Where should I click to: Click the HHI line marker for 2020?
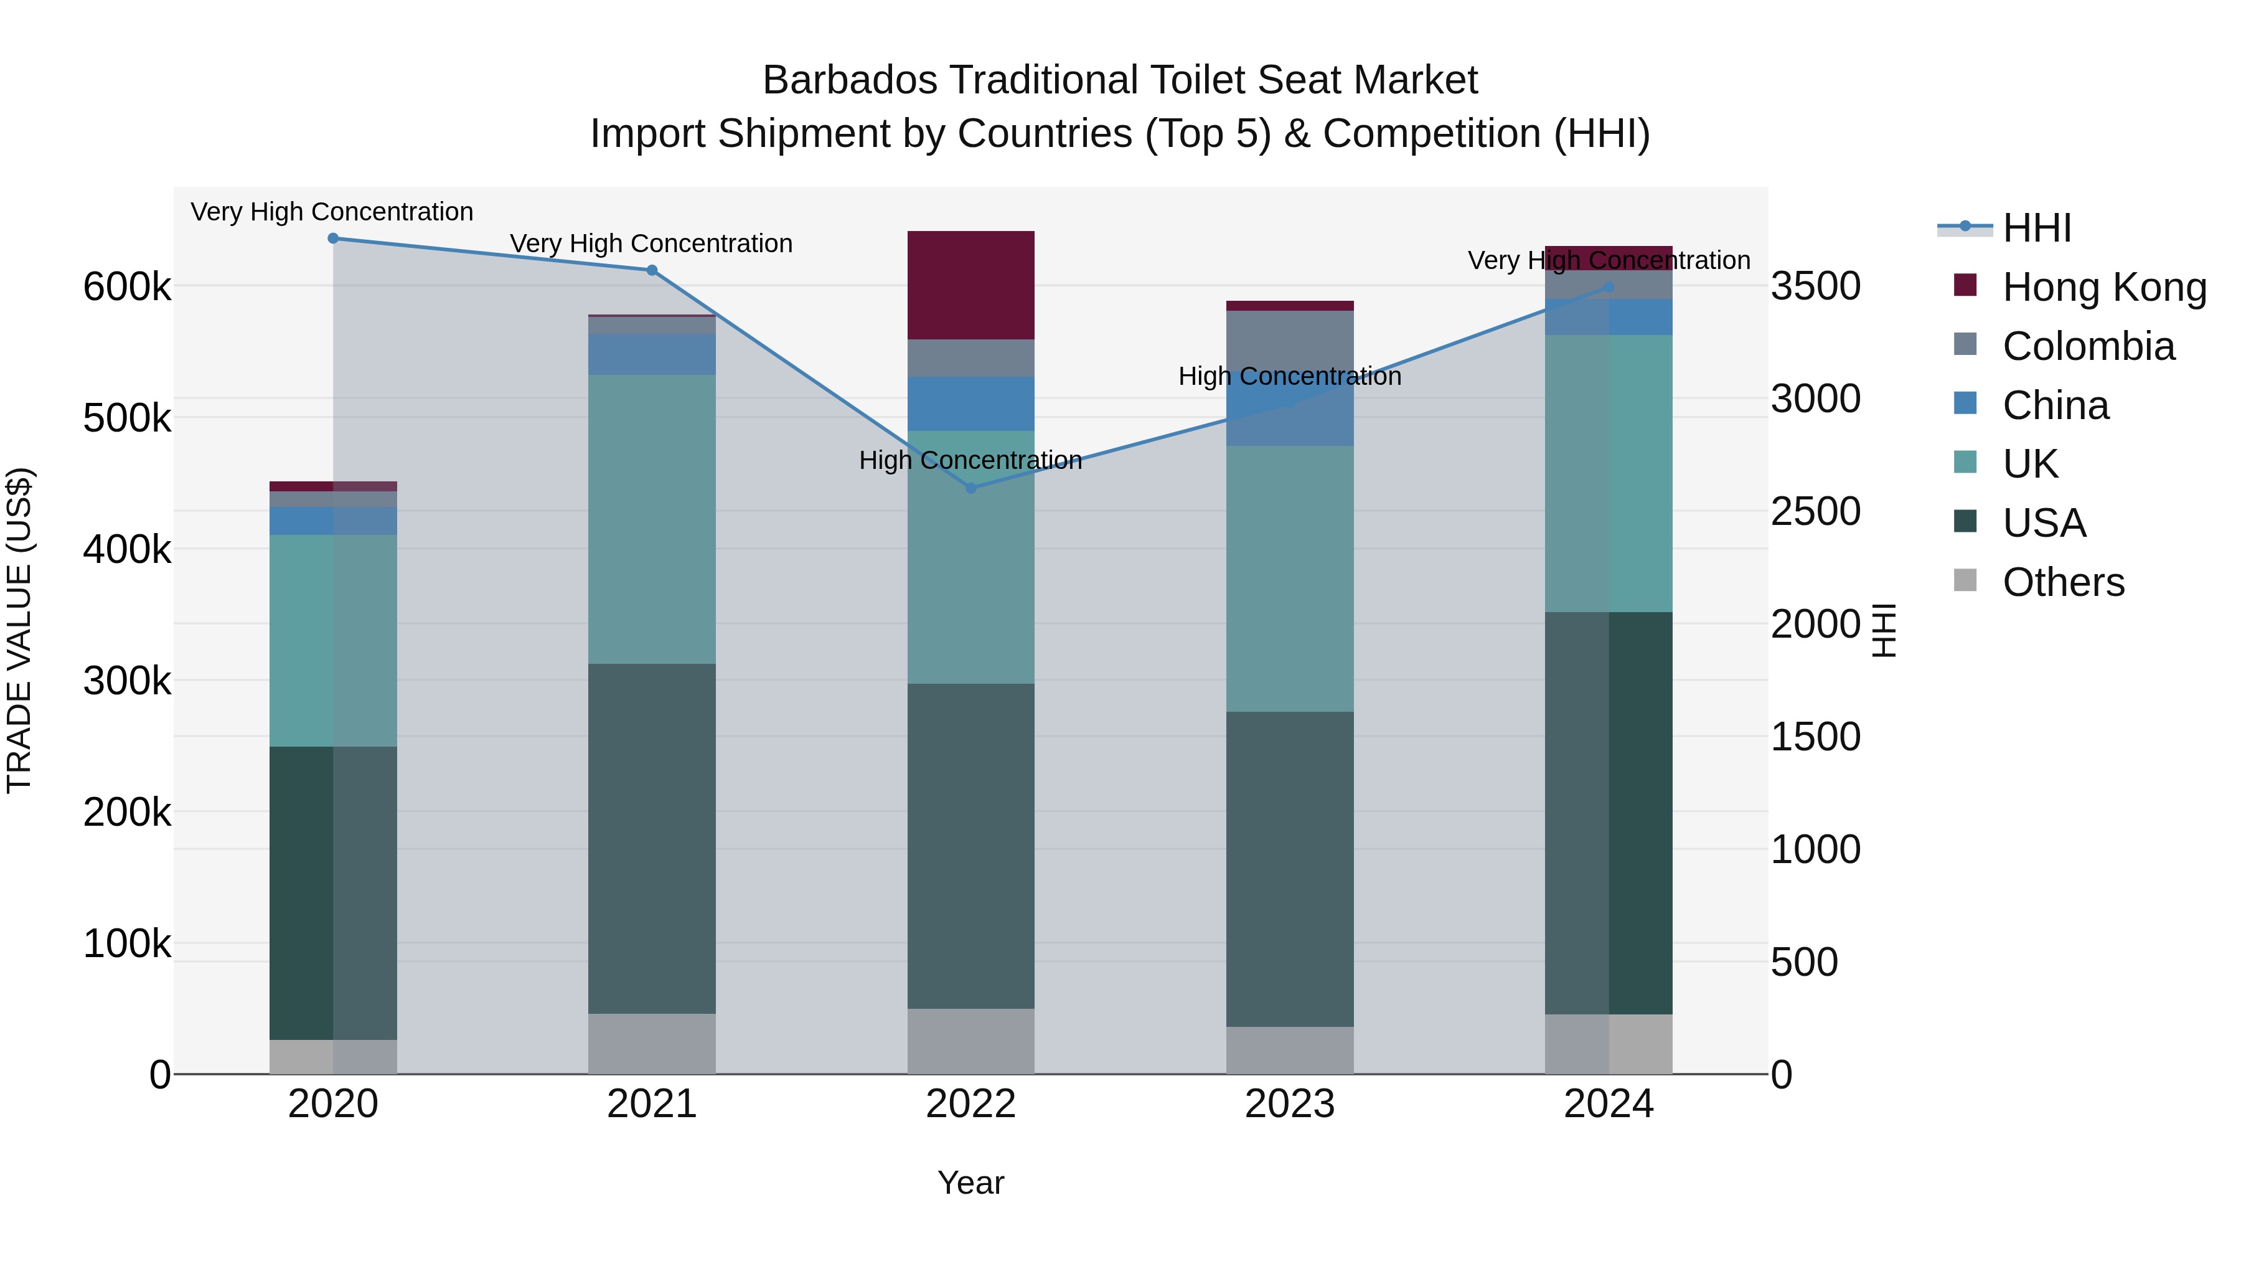click(x=333, y=239)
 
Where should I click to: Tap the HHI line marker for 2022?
click(x=971, y=488)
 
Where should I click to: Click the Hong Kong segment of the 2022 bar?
click(x=971, y=285)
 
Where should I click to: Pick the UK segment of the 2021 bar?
click(x=652, y=519)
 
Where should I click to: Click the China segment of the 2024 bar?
click(x=1609, y=317)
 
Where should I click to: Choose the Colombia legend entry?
click(x=2088, y=346)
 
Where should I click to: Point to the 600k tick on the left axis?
click(x=127, y=286)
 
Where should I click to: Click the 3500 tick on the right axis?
click(x=1816, y=286)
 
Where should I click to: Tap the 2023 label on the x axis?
click(x=1290, y=1104)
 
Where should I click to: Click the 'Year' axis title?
click(x=971, y=1183)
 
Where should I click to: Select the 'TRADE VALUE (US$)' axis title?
click(x=20, y=630)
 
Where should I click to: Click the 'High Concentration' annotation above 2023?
click(x=1290, y=377)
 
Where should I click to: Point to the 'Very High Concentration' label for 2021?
click(x=652, y=243)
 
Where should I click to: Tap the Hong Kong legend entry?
click(x=2103, y=287)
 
